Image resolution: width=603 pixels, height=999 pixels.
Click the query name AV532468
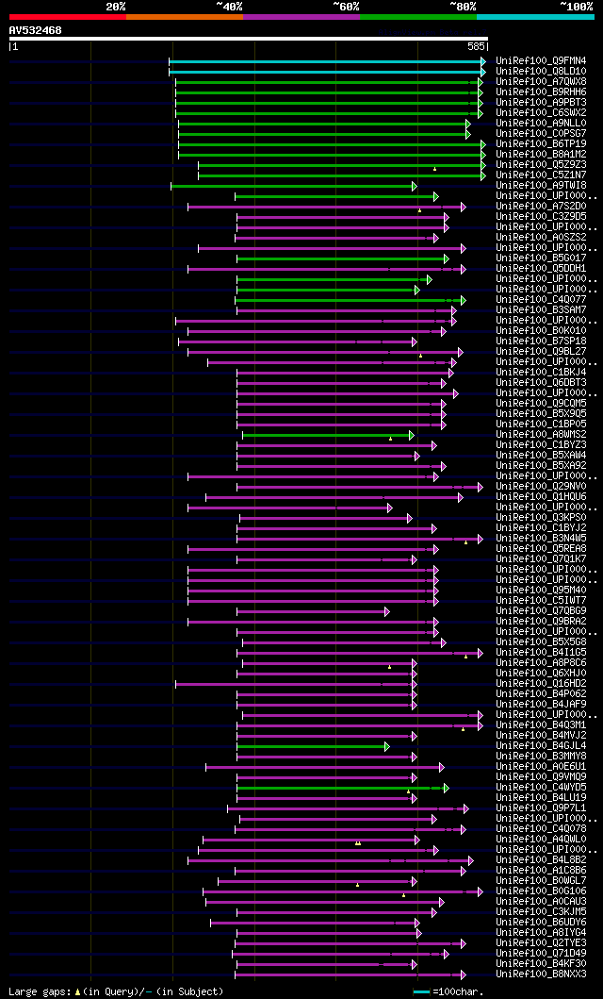36,31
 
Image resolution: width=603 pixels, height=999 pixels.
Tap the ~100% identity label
576,6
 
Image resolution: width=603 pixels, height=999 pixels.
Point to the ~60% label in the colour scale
346,6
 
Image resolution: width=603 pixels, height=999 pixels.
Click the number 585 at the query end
476,45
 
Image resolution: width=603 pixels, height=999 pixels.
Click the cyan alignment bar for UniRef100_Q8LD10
326,71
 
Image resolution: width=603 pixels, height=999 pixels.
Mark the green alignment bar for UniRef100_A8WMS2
326,435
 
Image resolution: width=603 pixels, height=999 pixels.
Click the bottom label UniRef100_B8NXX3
541,974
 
